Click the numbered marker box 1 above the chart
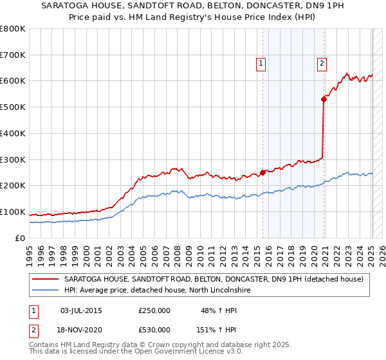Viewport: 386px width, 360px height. (x=261, y=63)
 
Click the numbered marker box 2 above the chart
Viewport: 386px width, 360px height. (x=321, y=63)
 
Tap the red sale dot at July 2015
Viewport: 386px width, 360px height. (x=263, y=172)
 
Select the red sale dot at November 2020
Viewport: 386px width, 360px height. (x=324, y=98)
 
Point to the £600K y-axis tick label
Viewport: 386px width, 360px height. (x=13, y=81)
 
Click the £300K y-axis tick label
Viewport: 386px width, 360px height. (x=13, y=159)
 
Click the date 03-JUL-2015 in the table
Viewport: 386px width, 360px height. (x=80, y=310)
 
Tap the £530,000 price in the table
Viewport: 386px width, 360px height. (x=154, y=329)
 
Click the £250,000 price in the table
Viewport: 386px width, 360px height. (x=154, y=310)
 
